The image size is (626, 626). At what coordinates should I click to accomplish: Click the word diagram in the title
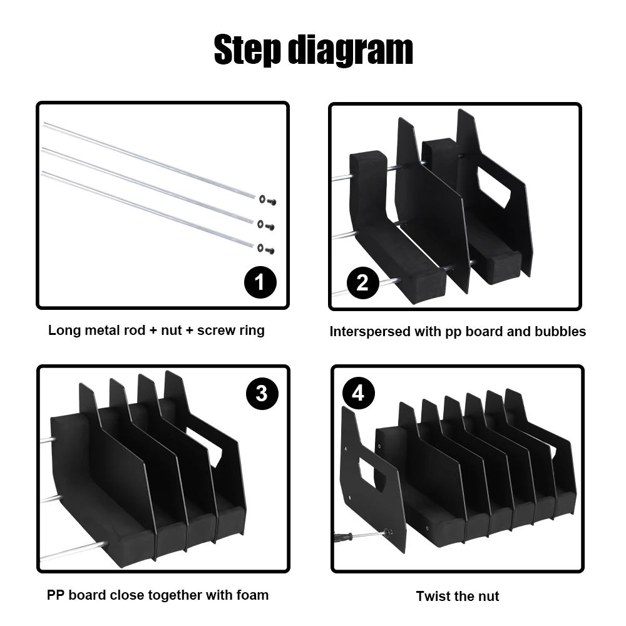tap(351, 49)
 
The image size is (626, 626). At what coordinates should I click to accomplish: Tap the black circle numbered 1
tap(260, 282)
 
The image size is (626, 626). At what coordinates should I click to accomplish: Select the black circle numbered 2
tap(362, 283)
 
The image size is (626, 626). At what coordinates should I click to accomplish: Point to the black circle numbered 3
tap(262, 393)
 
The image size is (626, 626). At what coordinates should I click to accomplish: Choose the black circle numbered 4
tap(359, 393)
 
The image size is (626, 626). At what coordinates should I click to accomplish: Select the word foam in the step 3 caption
tap(252, 595)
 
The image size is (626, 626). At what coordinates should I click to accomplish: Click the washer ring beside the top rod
tap(262, 199)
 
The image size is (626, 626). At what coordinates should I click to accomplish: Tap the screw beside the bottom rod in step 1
tap(270, 251)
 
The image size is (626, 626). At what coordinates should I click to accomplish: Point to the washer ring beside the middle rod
tap(260, 223)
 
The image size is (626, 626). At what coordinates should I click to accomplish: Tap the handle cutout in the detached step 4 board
tap(372, 473)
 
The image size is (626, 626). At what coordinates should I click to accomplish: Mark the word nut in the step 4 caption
tap(488, 597)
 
